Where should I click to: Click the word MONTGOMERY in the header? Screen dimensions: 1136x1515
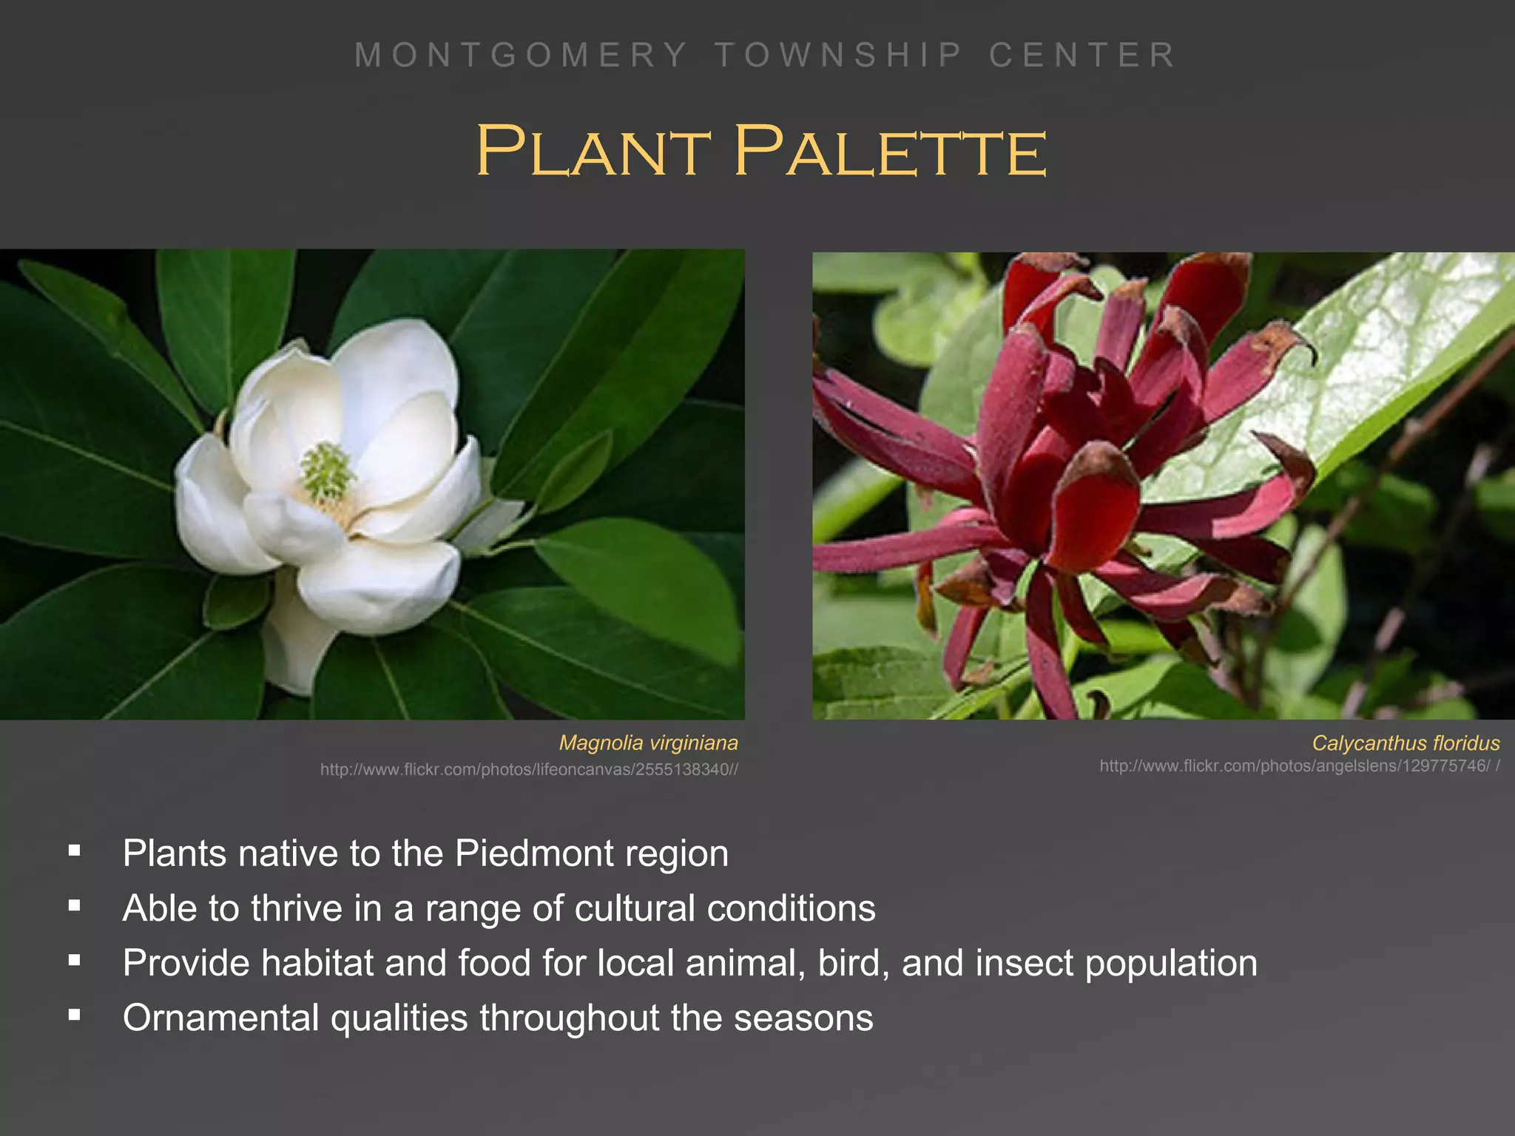point(521,55)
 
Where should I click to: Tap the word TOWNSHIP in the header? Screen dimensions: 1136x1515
point(839,55)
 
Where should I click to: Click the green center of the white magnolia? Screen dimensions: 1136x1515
point(325,472)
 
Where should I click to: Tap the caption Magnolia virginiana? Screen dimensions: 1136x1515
point(648,743)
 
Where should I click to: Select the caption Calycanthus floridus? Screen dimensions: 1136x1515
point(1406,743)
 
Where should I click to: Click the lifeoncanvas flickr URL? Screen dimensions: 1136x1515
point(529,769)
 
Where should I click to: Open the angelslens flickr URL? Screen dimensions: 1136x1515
point(1299,765)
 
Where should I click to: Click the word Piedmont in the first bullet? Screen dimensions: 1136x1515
point(534,853)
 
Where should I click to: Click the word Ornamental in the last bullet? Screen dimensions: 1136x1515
point(220,1018)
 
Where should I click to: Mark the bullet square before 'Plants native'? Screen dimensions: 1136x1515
point(74,851)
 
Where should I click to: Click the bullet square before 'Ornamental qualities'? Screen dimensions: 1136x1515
point(74,1015)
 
